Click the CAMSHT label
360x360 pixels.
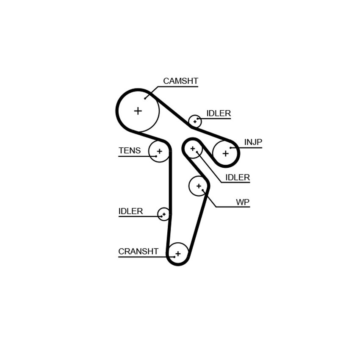pyautogui.click(x=180, y=81)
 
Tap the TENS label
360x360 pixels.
pyautogui.click(x=130, y=151)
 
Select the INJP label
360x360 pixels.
pyautogui.click(x=253, y=142)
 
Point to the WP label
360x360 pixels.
pyautogui.click(x=243, y=202)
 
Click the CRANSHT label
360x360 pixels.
pyautogui.click(x=138, y=252)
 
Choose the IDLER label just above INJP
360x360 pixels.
pyautogui.click(x=219, y=113)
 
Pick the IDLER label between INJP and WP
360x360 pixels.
pyautogui.click(x=238, y=177)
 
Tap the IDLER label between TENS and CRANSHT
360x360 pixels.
pyautogui.click(x=130, y=211)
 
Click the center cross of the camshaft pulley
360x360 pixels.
pyautogui.click(x=138, y=111)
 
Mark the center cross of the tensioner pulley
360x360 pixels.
pyautogui.click(x=160, y=151)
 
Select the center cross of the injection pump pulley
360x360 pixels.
pyautogui.click(x=226, y=153)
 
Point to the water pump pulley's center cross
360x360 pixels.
pyautogui.click(x=199, y=186)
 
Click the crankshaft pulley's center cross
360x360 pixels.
pyautogui.click(x=178, y=254)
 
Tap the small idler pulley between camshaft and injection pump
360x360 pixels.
pyautogui.click(x=195, y=122)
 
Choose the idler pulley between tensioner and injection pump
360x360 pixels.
pyautogui.click(x=193, y=149)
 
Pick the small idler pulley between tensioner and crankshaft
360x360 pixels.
pyautogui.click(x=164, y=214)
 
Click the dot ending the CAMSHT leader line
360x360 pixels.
pyautogui.click(x=145, y=99)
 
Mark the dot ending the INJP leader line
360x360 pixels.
pyautogui.click(x=230, y=148)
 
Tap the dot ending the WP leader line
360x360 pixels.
pyautogui.click(x=203, y=190)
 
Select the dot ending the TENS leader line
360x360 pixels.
pyautogui.click(x=156, y=156)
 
